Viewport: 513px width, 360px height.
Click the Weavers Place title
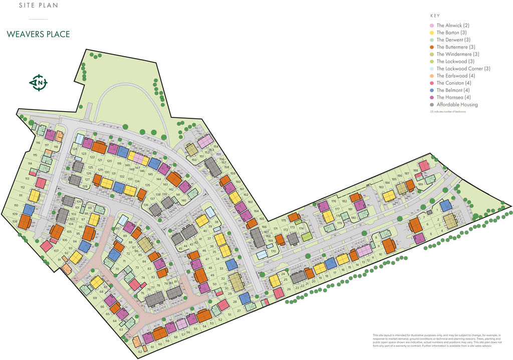(38, 35)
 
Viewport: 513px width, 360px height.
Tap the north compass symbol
(38, 82)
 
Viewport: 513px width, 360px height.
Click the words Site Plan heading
(38, 6)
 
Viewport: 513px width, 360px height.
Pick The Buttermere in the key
(455, 47)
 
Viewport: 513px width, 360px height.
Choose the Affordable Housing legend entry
(457, 105)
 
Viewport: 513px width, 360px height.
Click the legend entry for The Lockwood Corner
(463, 69)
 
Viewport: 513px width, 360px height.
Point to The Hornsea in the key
(453, 97)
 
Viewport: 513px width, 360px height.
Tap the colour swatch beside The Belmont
(432, 90)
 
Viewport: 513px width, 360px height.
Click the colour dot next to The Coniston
(432, 83)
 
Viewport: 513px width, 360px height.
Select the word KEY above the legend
(435, 16)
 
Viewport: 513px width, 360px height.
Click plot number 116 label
(38, 143)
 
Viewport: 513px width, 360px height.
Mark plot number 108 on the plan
(15, 221)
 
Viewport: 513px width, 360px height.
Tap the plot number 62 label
(140, 352)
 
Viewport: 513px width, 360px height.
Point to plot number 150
(194, 160)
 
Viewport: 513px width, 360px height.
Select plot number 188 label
(416, 171)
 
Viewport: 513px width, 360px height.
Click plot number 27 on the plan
(239, 311)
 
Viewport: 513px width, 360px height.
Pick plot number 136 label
(146, 205)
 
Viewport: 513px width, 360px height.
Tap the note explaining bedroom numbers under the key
(447, 112)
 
